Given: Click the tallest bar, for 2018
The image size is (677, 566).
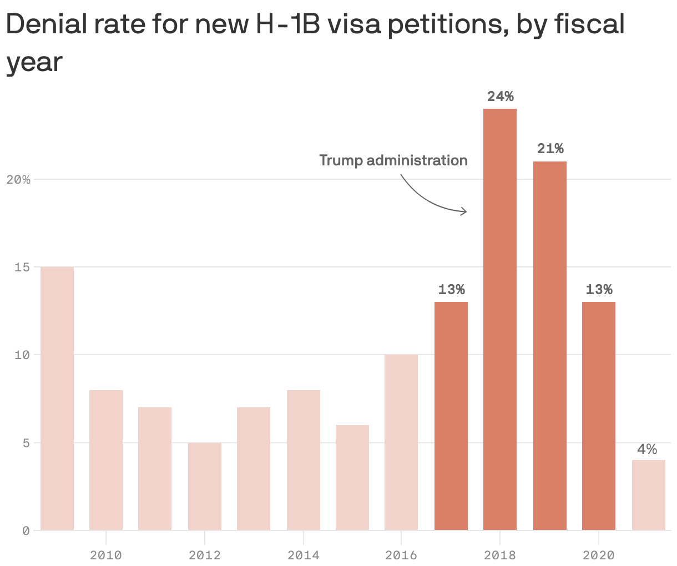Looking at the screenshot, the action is click(499, 319).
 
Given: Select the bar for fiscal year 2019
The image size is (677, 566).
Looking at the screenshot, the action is click(549, 346).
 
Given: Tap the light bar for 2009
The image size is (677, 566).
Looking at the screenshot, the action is click(57, 398).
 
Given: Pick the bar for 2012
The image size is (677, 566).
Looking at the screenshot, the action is click(205, 486).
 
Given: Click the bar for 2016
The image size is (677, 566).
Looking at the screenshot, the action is click(401, 442).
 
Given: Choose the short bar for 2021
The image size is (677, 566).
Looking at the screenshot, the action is click(649, 495).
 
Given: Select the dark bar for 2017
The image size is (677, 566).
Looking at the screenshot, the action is click(451, 416).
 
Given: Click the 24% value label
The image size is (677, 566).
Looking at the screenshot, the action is click(501, 97).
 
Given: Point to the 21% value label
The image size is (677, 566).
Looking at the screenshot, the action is click(550, 149).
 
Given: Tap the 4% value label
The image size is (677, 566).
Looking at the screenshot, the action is click(647, 449).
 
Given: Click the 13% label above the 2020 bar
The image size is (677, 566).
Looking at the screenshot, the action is click(599, 290).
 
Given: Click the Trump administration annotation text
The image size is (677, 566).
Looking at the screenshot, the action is click(393, 160).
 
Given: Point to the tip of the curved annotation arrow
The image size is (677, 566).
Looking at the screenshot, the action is click(467, 211).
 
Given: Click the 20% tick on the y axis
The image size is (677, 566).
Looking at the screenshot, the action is click(18, 179).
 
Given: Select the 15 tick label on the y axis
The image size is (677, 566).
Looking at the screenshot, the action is click(22, 267).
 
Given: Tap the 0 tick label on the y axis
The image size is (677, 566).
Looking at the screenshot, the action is click(26, 531).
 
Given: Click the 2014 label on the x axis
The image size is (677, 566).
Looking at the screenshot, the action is click(303, 555).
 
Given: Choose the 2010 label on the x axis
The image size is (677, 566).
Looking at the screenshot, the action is click(105, 555).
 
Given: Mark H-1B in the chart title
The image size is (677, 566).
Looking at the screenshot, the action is click(287, 24).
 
